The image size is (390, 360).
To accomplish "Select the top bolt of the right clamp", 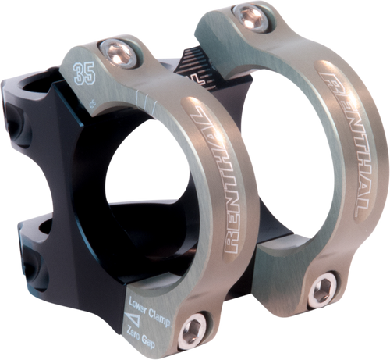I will click(x=252, y=14).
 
